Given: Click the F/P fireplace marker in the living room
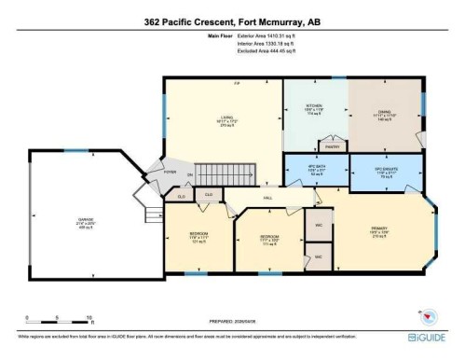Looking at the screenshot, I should (238, 85).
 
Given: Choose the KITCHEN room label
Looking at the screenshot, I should (314, 106).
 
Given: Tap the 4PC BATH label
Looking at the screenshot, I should (314, 168).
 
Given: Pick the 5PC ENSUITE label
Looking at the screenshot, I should (385, 168).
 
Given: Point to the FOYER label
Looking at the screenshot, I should (170, 172).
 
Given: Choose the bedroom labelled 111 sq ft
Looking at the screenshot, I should (269, 238).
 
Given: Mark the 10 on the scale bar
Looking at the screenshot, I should (89, 318).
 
